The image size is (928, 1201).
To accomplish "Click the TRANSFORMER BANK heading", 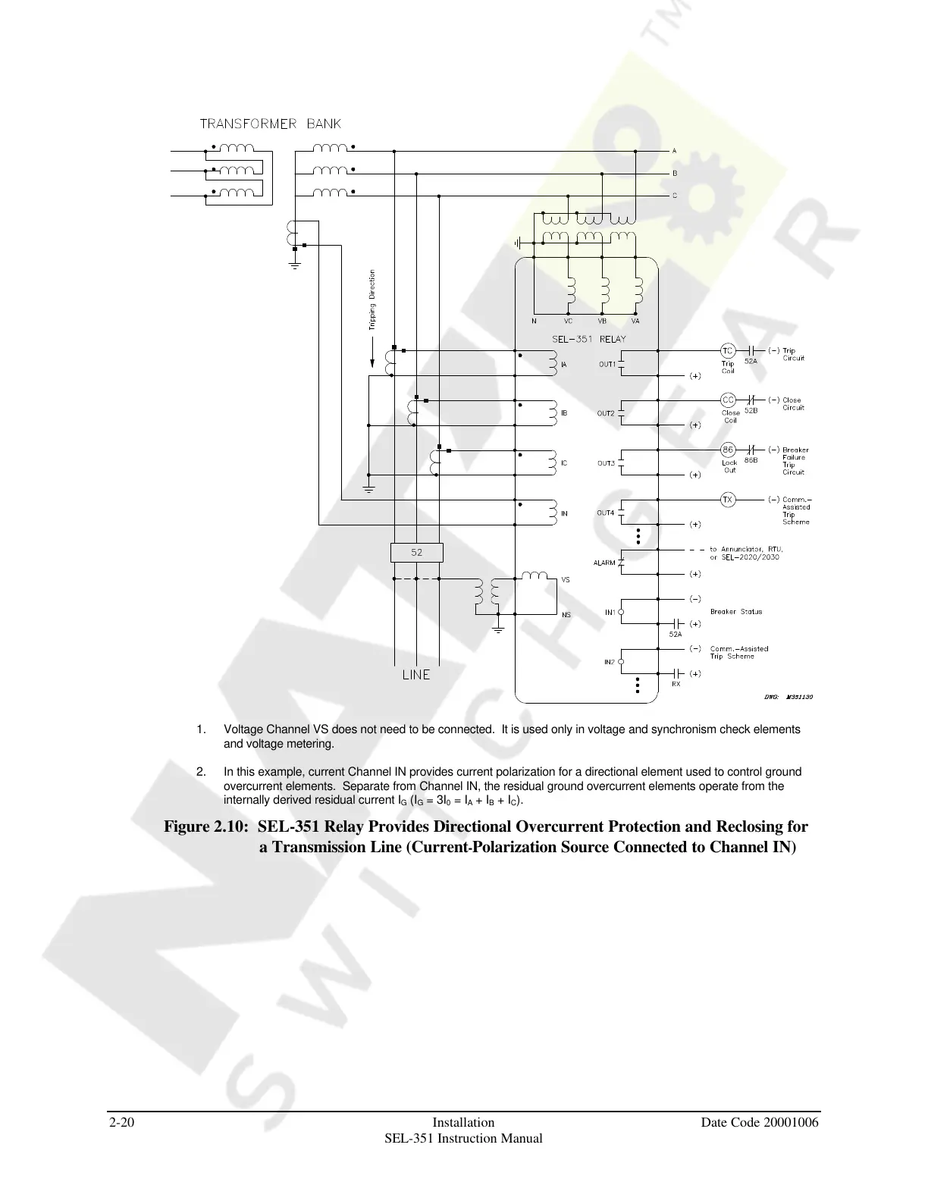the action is pos(271,124).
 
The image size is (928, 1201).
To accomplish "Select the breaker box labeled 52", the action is pos(416,553).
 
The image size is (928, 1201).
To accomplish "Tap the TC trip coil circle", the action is pos(727,350).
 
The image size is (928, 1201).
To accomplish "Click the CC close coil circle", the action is pos(727,400).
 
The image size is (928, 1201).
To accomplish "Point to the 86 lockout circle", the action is pos(727,449).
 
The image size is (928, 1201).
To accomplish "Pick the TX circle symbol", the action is pos(727,500).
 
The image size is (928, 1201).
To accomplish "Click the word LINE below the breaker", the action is pos(415,674).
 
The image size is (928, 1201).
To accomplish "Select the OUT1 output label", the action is pos(607,364).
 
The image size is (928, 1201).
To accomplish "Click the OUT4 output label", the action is pos(606,513).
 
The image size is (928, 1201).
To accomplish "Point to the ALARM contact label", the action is pos(604,563).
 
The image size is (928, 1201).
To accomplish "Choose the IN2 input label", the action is pos(610,662).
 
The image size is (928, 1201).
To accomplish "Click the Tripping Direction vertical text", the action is pos(372,300).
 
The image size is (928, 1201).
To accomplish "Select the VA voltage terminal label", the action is pos(635,321).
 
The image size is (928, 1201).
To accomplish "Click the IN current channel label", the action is pos(564,513).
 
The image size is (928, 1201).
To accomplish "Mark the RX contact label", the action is pos(676,684).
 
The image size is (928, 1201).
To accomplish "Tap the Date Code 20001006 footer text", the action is pos(760,1122).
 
